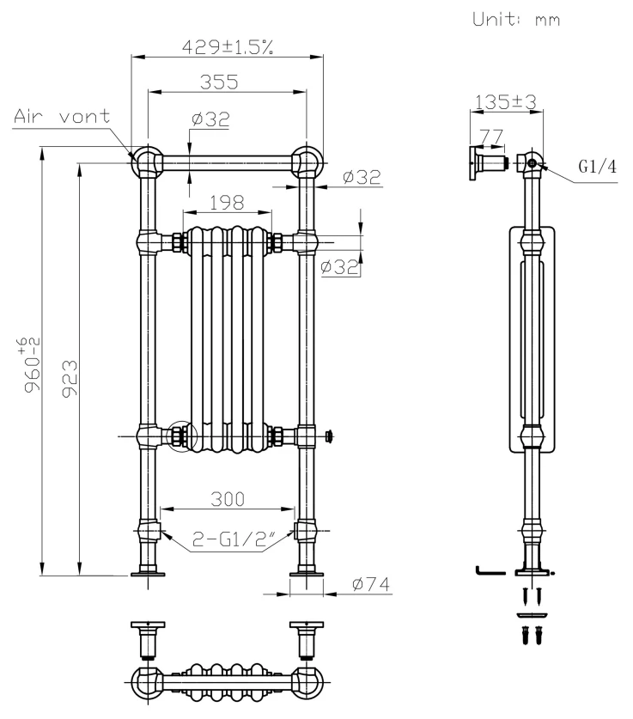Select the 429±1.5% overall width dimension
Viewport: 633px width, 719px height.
click(x=227, y=47)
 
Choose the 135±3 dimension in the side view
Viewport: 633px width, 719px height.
click(x=503, y=102)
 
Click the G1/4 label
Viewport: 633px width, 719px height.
click(x=597, y=168)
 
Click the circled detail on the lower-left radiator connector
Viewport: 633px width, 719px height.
click(x=182, y=436)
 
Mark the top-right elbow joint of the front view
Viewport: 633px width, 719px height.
click(x=306, y=161)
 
